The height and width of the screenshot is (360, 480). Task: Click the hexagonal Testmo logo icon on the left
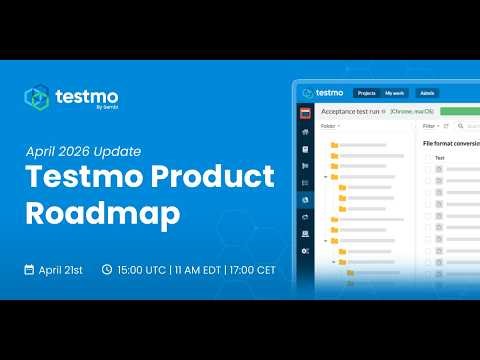[38, 98]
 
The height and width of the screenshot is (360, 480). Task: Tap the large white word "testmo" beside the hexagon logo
[79, 96]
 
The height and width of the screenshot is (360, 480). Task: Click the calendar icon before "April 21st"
[31, 270]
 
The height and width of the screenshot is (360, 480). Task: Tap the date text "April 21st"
[62, 270]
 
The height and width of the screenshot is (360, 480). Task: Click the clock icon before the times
[107, 270]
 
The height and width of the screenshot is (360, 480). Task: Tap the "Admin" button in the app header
[428, 93]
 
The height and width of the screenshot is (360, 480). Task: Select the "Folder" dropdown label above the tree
[329, 127]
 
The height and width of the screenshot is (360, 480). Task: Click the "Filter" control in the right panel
[430, 127]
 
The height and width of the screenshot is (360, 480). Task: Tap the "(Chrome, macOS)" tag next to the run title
[412, 111]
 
